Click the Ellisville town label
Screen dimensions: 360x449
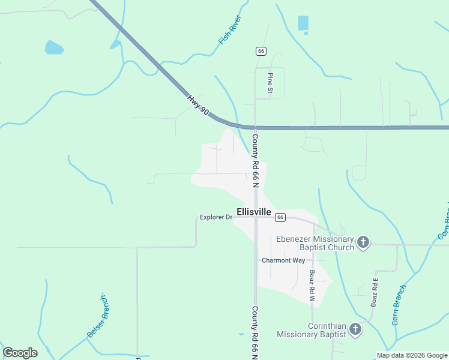pyautogui.click(x=254, y=212)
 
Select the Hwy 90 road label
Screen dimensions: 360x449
pyautogui.click(x=197, y=106)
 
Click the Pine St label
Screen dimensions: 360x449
pyautogui.click(x=271, y=83)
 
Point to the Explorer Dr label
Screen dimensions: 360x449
pyautogui.click(x=215, y=217)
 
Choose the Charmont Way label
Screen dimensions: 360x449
pyautogui.click(x=283, y=260)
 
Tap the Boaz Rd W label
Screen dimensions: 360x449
pyautogui.click(x=312, y=285)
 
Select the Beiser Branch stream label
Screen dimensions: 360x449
pyautogui.click(x=97, y=317)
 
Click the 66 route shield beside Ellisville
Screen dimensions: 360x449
pyautogui.click(x=280, y=217)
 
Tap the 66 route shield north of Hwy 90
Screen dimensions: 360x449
pyautogui.click(x=261, y=52)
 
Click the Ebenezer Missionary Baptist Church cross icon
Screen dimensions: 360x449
pyautogui.click(x=363, y=242)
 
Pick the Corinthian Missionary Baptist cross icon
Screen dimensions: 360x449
pyautogui.click(x=355, y=329)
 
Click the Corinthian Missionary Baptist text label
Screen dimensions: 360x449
pyautogui.click(x=311, y=330)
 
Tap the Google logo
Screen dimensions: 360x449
pyautogui.click(x=20, y=353)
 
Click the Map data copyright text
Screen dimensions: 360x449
pyautogui.click(x=412, y=355)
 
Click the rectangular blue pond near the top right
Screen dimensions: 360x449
pyautogui.click(x=303, y=23)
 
